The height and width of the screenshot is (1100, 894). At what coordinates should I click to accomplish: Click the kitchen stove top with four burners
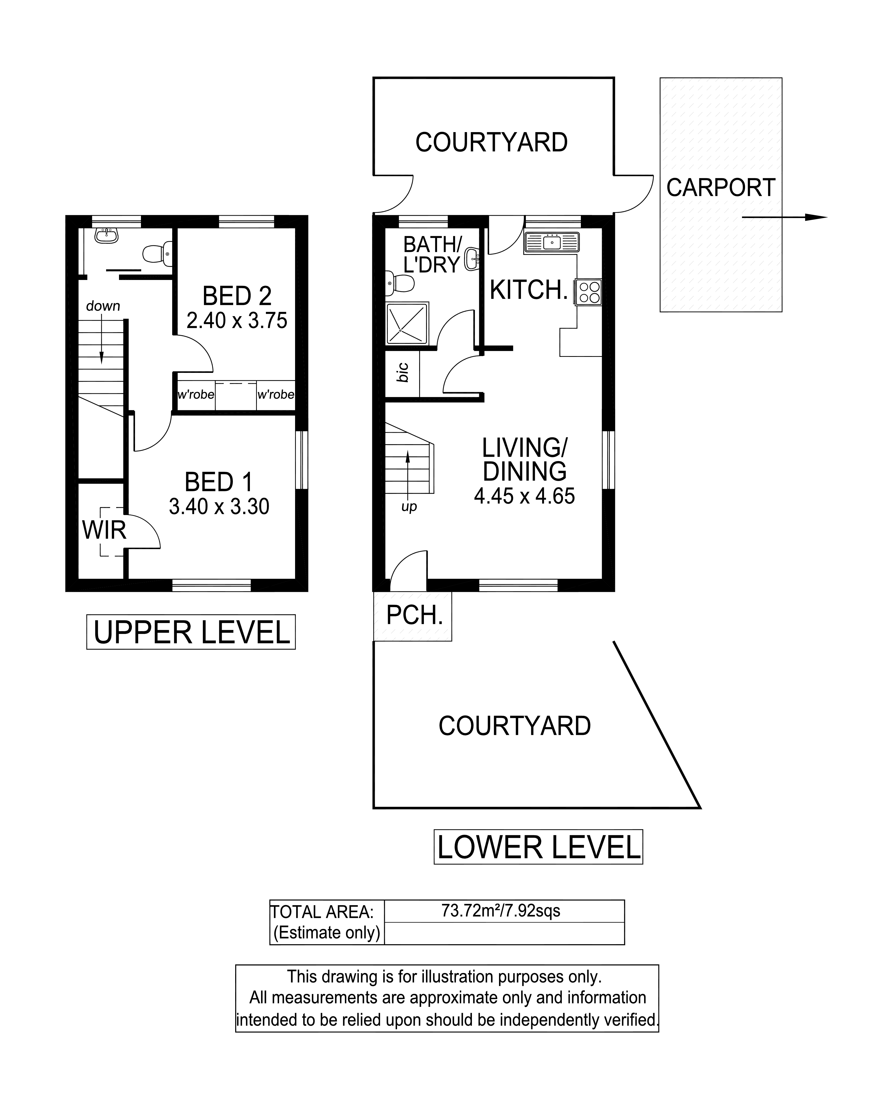[x=589, y=292]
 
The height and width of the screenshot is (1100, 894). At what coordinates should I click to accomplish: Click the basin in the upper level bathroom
[x=107, y=235]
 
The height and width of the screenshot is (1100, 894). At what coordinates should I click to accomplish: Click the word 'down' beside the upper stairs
[x=103, y=306]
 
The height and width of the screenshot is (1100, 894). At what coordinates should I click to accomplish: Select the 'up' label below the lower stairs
[x=409, y=507]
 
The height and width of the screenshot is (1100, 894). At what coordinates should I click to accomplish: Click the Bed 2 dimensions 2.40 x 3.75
[x=237, y=321]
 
